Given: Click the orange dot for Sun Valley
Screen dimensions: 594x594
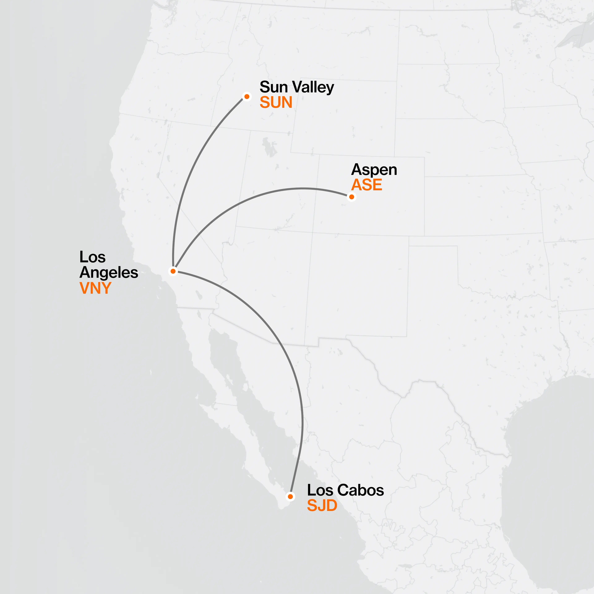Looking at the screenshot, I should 247,97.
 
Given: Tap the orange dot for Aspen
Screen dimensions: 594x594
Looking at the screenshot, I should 351,197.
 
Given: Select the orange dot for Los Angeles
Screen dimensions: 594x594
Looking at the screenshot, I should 173,271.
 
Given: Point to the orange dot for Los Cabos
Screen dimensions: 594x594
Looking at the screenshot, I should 290,497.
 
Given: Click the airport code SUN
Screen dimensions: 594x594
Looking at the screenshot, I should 276,102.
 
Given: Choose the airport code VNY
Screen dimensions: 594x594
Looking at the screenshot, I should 95,288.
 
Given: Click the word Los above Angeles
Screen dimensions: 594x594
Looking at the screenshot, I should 92,257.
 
